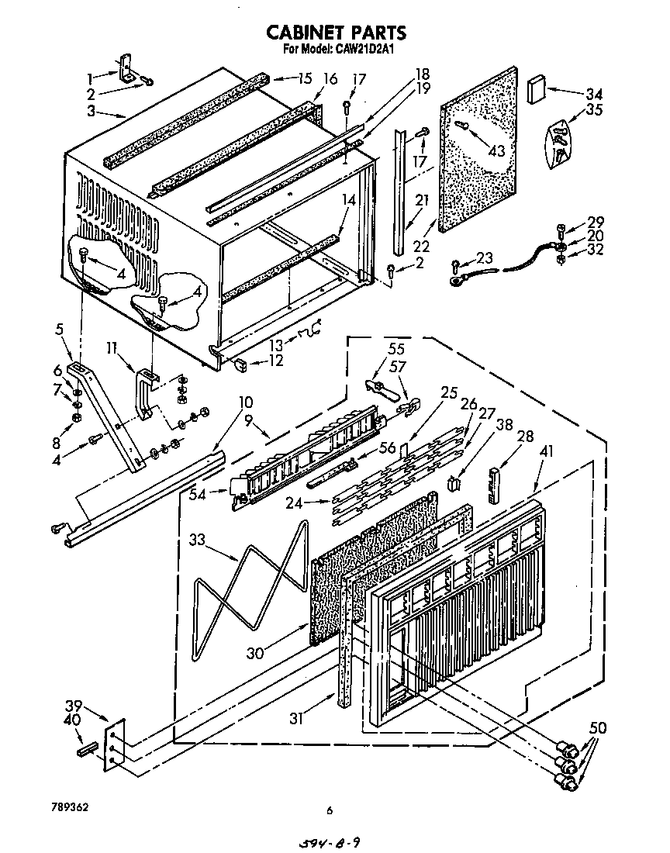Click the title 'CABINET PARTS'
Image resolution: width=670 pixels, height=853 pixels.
(x=335, y=33)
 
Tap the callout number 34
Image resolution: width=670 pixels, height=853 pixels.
(x=594, y=95)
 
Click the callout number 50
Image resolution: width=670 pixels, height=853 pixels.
(x=598, y=728)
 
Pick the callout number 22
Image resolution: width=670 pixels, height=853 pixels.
(x=422, y=246)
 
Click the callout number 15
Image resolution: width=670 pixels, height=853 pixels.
(x=303, y=78)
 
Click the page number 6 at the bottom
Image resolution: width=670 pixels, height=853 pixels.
(x=330, y=810)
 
